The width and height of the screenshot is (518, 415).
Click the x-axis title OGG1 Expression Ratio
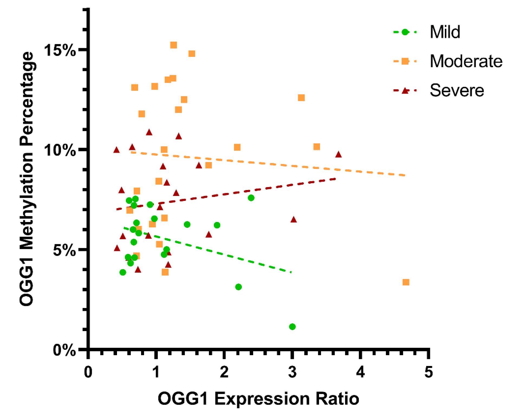(258, 399)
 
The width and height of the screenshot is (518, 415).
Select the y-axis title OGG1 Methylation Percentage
(27, 179)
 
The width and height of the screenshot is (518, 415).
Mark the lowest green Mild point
(292, 327)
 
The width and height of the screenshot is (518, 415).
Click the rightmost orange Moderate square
(406, 282)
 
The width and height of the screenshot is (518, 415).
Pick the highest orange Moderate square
(174, 45)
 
